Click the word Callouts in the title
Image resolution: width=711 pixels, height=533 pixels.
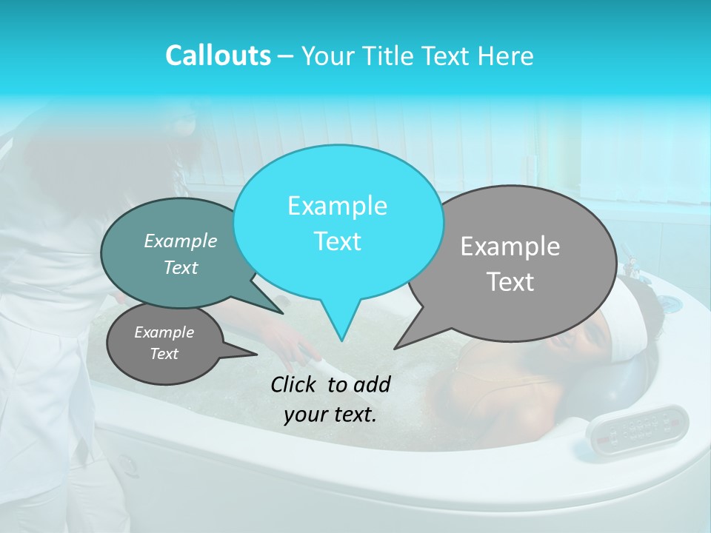(x=218, y=56)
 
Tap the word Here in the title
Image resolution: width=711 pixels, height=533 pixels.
(x=506, y=56)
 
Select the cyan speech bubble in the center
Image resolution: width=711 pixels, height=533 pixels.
(x=337, y=185)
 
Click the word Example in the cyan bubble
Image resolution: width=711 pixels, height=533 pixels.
(x=337, y=206)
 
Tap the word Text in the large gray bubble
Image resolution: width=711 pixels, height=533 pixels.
(x=510, y=282)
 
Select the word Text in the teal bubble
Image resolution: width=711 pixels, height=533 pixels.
(x=181, y=267)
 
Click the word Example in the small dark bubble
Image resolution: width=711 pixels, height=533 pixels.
(x=164, y=332)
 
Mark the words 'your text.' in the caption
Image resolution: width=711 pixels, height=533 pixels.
(x=330, y=415)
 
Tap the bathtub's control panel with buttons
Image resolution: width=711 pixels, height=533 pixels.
(x=637, y=429)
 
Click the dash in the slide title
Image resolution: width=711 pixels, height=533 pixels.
(x=286, y=56)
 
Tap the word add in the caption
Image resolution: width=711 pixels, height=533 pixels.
(x=373, y=384)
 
